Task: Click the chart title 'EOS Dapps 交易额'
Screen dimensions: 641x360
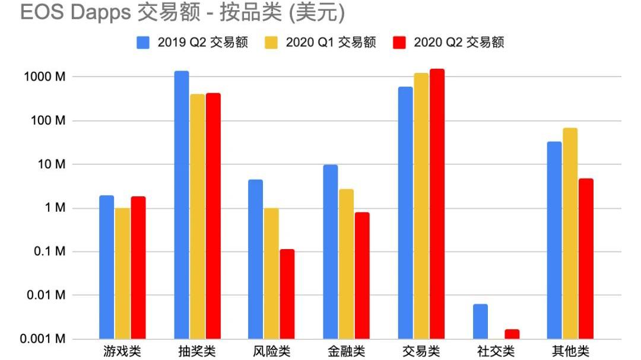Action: [110, 12]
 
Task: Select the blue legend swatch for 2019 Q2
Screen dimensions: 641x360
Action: [143, 43]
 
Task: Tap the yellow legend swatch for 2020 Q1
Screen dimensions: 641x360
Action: [271, 43]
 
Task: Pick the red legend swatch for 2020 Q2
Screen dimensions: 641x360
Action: [399, 43]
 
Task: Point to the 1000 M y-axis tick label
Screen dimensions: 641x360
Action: [45, 77]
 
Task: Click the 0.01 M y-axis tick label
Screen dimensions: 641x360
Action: [46, 295]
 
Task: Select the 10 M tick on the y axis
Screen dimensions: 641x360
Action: [52, 164]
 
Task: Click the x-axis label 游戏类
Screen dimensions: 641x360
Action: [122, 351]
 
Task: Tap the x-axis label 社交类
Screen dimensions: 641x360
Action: [496, 351]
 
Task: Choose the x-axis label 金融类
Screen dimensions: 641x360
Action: [346, 351]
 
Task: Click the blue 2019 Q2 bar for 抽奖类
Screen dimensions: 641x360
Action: [182, 205]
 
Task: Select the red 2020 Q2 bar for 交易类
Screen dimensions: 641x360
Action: [437, 204]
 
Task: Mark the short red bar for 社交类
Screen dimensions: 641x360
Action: [512, 334]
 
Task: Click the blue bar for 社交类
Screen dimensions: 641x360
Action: [480, 321]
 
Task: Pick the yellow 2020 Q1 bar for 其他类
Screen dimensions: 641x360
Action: [570, 233]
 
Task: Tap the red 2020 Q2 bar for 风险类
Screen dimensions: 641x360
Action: [287, 294]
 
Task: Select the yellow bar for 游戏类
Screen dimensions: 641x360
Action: [123, 273]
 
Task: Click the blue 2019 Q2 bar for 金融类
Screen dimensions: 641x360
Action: [331, 251]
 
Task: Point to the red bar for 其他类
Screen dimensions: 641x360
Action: [586, 259]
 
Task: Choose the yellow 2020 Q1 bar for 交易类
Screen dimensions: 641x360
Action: [421, 206]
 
